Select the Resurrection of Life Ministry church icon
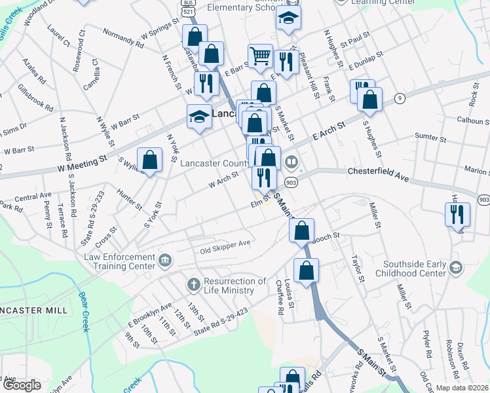[193, 285]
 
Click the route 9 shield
[399, 98]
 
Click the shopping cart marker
[260, 57]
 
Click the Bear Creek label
[84, 315]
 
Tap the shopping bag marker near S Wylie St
[150, 160]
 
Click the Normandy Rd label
[122, 39]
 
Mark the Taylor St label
[357, 268]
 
